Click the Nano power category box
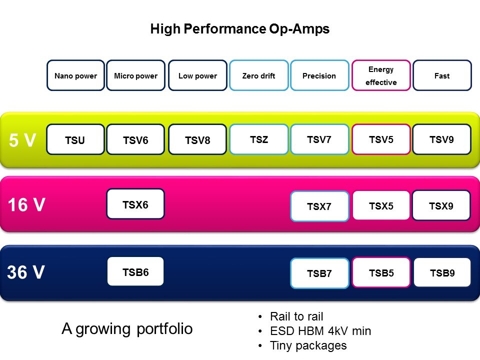point(75,75)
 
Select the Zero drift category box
point(259,75)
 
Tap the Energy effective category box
point(381,75)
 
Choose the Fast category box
point(442,75)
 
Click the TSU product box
point(75,139)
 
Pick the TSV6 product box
point(135,139)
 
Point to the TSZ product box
point(259,139)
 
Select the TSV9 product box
point(441,139)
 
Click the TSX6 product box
point(135,204)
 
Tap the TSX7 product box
point(319,206)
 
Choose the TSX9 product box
point(441,205)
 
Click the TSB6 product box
point(135,271)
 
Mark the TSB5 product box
point(381,272)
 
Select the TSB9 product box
point(442,272)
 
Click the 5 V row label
point(22,140)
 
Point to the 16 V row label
point(26,205)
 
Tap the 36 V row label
point(26,272)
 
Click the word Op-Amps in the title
point(297,29)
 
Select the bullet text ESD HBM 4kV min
point(320,331)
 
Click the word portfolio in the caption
point(164,329)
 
